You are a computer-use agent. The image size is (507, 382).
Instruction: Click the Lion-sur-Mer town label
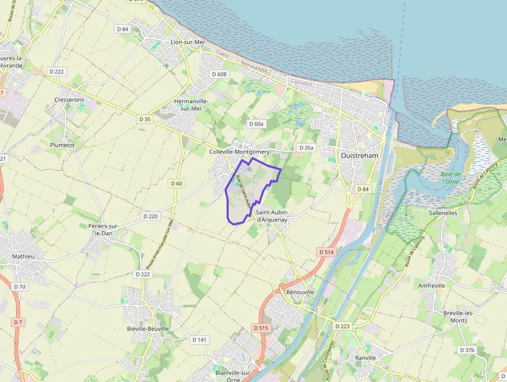pos(188,41)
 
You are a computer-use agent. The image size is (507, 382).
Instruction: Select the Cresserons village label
pos(69,100)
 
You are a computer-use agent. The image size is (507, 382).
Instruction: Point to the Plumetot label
pos(62,145)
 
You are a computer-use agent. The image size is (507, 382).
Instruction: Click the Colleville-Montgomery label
pos(240,152)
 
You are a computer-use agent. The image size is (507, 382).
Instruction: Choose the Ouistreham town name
pos(360,155)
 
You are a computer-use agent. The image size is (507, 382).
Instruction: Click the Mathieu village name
pos(23,256)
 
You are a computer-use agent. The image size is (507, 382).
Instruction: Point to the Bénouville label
pos(300,292)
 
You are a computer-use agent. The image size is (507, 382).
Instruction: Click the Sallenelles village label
pos(443,213)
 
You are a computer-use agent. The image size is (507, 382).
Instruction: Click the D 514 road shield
pos(326,252)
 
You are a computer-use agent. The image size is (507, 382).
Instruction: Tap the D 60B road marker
pos(219,74)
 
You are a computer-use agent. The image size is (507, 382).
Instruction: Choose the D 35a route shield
pos(306,148)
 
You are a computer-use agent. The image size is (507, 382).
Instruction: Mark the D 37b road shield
pos(467,350)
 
